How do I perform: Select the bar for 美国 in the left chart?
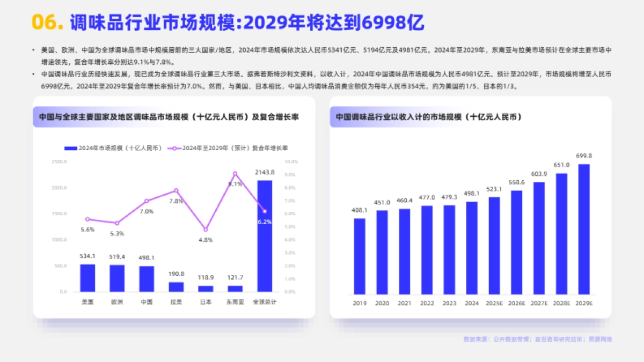point(87,278)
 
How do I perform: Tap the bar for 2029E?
point(584,230)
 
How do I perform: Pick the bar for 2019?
point(360,256)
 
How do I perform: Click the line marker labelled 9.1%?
point(235,174)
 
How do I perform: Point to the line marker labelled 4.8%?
point(206,230)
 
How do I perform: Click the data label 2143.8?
point(265,172)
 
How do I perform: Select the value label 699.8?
point(584,156)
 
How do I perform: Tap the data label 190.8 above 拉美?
point(176,274)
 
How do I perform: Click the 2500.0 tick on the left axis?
point(59,161)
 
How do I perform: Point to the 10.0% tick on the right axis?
point(291,161)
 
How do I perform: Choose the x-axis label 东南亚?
point(235,302)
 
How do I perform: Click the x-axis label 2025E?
point(494,304)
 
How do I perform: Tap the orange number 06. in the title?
point(48,23)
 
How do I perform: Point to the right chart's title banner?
point(429,117)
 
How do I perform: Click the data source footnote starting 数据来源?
point(537,339)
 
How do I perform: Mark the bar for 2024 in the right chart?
point(472,248)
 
